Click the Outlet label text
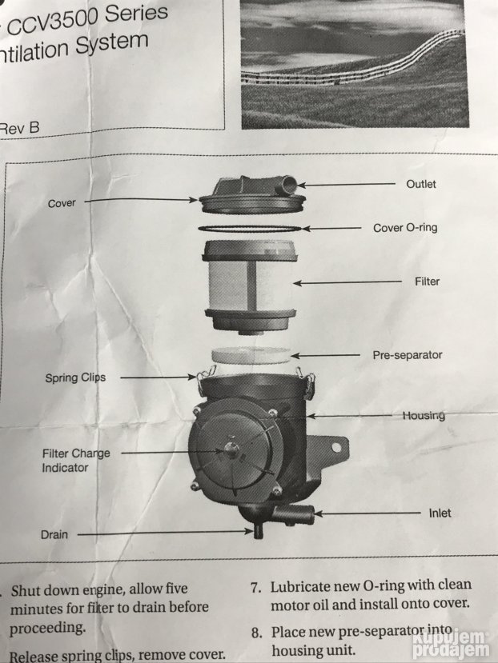[x=420, y=184]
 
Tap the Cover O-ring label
[x=405, y=228]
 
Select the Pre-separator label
[x=407, y=354]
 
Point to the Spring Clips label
[x=75, y=377]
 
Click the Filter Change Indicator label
[x=75, y=460]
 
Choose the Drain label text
[x=55, y=533]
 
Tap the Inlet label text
[x=440, y=513]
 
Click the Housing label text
[x=424, y=415]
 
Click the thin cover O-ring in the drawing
[x=250, y=230]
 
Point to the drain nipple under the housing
[x=259, y=530]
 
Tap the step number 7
[x=256, y=587]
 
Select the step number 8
[x=256, y=632]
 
